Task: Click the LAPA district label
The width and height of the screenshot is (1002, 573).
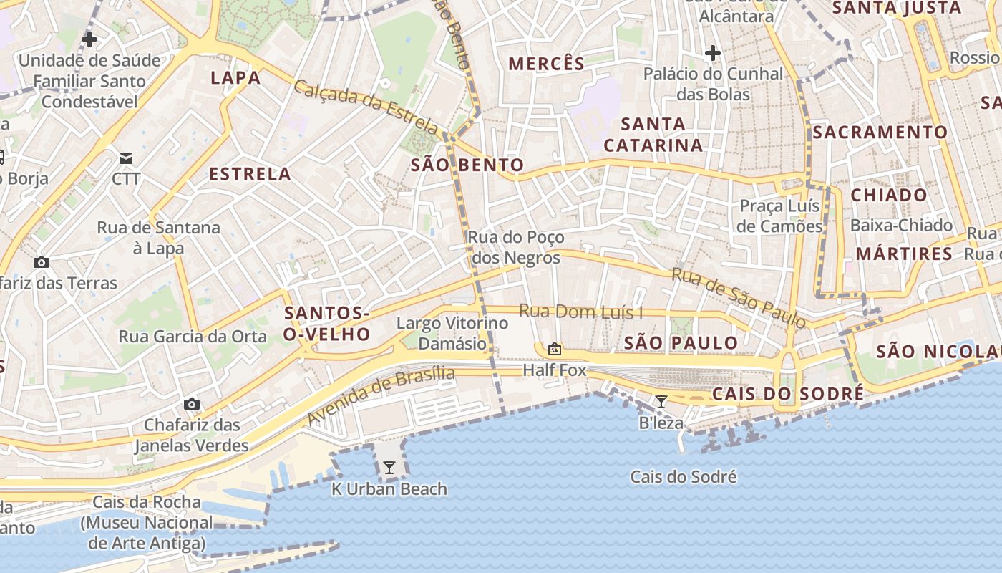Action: tap(235, 78)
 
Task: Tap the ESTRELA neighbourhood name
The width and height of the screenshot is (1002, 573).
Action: tap(250, 174)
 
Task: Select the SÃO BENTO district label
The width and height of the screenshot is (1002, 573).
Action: tap(467, 165)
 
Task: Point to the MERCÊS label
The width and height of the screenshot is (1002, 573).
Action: tap(547, 64)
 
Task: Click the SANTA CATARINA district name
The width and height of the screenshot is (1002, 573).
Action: tap(653, 135)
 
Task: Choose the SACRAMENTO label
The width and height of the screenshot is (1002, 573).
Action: tap(880, 133)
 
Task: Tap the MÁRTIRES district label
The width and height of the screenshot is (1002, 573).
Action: tap(904, 254)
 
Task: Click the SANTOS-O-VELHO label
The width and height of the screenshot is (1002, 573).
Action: tap(327, 324)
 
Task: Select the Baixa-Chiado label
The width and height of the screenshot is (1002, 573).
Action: tap(901, 226)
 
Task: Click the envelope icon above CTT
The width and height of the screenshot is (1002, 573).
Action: tap(126, 158)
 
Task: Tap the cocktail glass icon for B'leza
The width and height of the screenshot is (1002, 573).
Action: tap(661, 402)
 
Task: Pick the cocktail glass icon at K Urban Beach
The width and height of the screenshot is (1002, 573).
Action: tap(389, 468)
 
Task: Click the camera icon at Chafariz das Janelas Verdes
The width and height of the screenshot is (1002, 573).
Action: tap(191, 405)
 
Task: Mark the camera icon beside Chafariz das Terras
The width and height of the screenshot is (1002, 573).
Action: tap(42, 262)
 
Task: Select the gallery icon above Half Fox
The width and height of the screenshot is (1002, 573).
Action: tap(554, 349)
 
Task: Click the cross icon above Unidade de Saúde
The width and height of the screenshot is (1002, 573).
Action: tap(89, 39)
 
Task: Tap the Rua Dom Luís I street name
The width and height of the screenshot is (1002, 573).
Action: tap(580, 312)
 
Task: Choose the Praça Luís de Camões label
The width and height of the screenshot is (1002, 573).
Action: tap(780, 216)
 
